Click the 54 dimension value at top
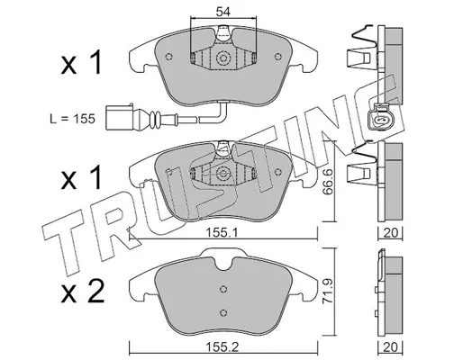(x=222, y=12)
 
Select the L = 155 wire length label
(x=72, y=119)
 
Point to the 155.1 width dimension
(x=222, y=232)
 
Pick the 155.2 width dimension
(x=222, y=347)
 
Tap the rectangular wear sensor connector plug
(x=120, y=117)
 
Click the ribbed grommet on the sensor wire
(x=156, y=119)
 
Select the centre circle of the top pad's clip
(x=222, y=58)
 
